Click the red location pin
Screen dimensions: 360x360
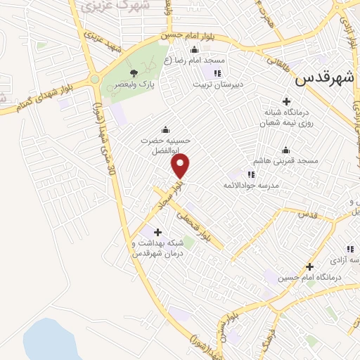(181, 166)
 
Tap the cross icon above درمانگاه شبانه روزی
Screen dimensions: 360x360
(286, 101)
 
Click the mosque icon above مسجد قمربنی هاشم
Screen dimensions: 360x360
(285, 150)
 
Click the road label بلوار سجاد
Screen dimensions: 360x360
(167, 193)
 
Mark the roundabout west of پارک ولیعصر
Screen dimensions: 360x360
(94, 79)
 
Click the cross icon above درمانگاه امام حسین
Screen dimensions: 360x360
(309, 266)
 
